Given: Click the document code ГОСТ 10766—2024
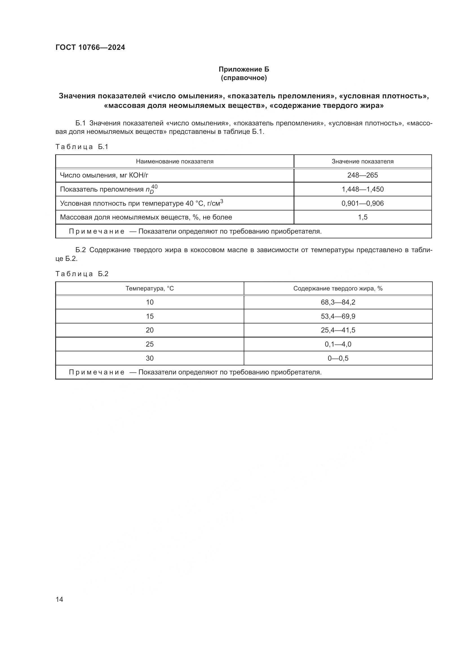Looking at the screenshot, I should point(90,48).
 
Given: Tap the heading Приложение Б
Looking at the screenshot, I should point(244,69).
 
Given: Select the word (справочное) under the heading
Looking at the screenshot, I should point(244,78).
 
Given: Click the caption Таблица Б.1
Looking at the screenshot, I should point(82,147).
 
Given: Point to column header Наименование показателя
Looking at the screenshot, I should point(174,161).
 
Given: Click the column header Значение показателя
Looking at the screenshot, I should point(362,161).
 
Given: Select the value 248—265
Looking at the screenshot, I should point(362,175).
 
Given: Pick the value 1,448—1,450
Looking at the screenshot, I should point(362,189).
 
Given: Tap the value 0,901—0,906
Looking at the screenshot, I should point(362,203).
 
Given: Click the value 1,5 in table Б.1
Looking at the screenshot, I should point(362,217).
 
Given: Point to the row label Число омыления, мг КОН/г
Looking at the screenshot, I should point(104,175).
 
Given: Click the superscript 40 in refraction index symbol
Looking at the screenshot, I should point(154,187).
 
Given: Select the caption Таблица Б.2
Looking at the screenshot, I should point(82,274).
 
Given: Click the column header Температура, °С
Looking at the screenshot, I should point(150,289).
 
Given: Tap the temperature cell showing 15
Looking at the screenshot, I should point(150,316).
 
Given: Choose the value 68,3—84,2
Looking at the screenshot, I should point(338,302).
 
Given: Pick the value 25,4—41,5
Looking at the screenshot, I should point(338,330).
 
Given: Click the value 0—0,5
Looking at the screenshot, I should point(338,358).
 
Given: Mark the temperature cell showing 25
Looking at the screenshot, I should point(150,344).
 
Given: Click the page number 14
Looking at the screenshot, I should point(59,600).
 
